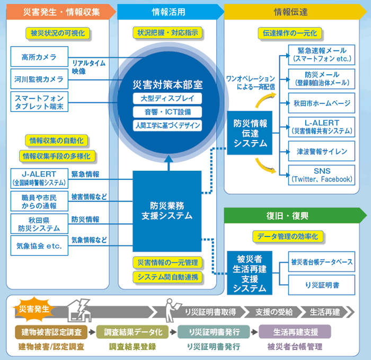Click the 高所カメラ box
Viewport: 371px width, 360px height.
click(x=39, y=56)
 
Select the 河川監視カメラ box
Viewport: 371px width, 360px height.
click(x=39, y=79)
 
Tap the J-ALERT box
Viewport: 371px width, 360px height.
click(x=39, y=179)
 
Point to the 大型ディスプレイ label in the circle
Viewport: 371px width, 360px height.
click(x=167, y=99)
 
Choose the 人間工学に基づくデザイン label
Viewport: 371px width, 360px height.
click(x=167, y=125)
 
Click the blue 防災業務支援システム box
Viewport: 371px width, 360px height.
click(x=167, y=211)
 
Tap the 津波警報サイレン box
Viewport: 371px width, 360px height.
click(x=322, y=152)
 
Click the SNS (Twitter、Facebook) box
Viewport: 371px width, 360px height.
click(x=322, y=175)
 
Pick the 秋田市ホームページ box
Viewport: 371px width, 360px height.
click(x=322, y=103)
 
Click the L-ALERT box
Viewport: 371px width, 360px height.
click(x=322, y=127)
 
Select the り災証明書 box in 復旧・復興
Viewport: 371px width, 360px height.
click(x=322, y=285)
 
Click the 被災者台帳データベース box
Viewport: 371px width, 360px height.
click(x=322, y=262)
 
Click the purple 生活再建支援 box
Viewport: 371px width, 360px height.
click(x=295, y=332)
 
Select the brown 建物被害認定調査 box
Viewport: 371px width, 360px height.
click(x=51, y=332)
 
